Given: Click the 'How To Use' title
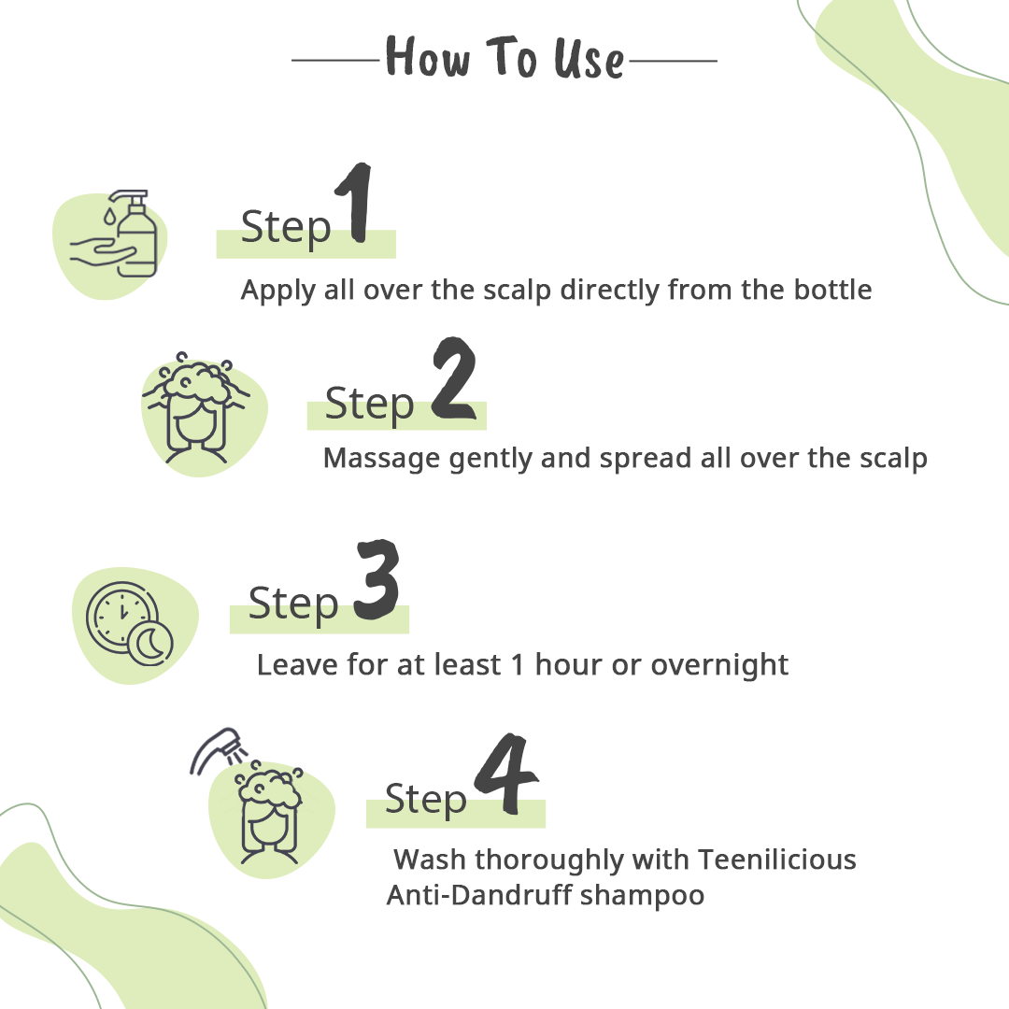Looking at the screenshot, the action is point(504,58).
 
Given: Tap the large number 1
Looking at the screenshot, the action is point(355,203).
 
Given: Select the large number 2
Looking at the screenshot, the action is point(454,378).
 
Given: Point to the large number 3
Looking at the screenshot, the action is point(377,580).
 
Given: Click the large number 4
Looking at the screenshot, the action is point(505,774).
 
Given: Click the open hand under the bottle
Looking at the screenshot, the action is point(102,251).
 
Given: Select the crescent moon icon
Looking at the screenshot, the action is point(150,644).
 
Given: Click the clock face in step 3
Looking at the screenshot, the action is point(121,615).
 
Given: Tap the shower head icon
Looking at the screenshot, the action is point(216,749).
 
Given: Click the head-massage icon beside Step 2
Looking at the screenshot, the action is point(196,408).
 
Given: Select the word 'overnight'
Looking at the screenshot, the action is point(719,665).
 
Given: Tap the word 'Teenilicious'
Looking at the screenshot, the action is point(777,860).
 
